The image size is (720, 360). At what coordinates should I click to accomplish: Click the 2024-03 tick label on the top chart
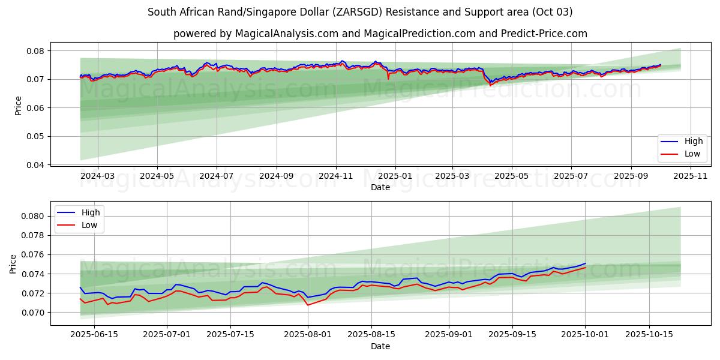pyautogui.click(x=97, y=176)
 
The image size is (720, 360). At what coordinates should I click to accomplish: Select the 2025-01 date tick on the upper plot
pyautogui.click(x=395, y=176)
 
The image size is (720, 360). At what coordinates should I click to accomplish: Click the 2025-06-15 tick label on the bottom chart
pyautogui.click(x=94, y=335)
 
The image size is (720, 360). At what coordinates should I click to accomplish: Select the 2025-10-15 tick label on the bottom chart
pyautogui.click(x=649, y=335)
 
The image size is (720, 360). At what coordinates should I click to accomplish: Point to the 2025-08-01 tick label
pyautogui.click(x=308, y=335)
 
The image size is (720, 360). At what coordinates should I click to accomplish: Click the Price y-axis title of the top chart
pyautogui.click(x=18, y=105)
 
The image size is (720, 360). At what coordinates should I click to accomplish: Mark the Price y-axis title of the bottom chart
pyautogui.click(x=13, y=264)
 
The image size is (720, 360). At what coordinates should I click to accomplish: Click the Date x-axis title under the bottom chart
pyautogui.click(x=380, y=346)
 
